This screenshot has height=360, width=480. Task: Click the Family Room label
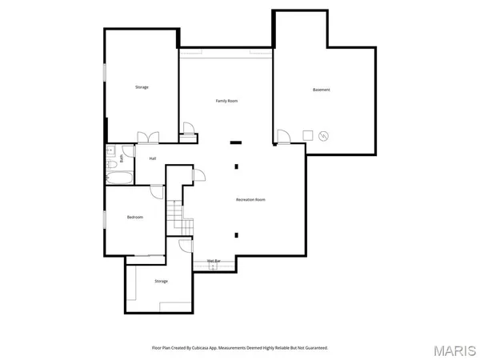(x=227, y=101)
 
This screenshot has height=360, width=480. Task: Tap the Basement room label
(x=321, y=90)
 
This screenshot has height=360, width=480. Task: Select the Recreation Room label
(x=250, y=199)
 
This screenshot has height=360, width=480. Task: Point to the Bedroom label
(x=134, y=217)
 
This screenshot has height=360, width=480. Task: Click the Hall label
(x=152, y=158)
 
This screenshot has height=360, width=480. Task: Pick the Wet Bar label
(x=214, y=261)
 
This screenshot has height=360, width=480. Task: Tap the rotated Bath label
(x=122, y=158)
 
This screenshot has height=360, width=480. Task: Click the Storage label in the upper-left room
(x=141, y=87)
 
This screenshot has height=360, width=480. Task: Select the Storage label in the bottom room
(x=161, y=282)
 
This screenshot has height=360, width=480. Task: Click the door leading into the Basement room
(x=283, y=137)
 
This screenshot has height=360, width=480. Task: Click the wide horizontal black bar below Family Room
(x=236, y=143)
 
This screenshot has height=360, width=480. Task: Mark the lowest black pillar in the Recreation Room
(x=236, y=234)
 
